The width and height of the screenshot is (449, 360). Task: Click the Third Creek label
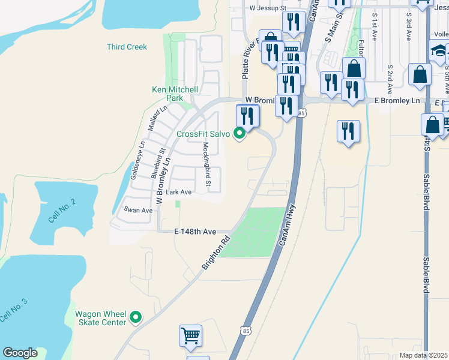coord(127,47)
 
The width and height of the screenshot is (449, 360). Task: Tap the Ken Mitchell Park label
coord(175,94)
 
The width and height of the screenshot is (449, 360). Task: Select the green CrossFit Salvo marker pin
coord(240,133)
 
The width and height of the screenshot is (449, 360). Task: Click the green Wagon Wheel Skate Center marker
coord(136,317)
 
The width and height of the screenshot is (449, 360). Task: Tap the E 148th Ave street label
coord(195,232)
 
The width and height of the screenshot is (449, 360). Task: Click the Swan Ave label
coord(138,210)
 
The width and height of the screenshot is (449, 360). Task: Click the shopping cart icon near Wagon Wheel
coord(190,336)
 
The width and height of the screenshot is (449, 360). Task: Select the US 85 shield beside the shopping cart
coord(245,330)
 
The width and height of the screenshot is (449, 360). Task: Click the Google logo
coord(20,353)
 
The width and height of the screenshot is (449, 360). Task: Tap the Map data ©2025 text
coord(423,355)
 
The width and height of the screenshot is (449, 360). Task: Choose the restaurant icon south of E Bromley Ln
coord(348,131)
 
